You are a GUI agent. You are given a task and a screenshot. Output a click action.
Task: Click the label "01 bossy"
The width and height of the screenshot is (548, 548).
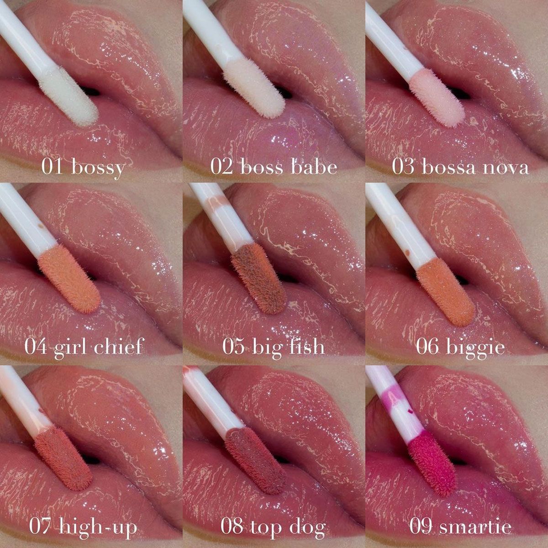[x=83, y=168]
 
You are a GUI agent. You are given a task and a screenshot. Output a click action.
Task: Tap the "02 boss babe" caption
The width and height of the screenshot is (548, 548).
[x=274, y=167]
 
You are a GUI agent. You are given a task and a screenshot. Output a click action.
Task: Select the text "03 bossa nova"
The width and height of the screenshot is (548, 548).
[x=460, y=167]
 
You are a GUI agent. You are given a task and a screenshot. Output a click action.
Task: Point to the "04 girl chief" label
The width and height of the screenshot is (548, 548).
[x=84, y=347]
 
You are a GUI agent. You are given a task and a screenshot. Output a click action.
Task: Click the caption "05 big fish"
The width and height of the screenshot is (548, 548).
[x=274, y=347]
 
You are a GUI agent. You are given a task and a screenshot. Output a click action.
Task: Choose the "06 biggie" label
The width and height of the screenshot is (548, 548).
[x=460, y=347]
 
